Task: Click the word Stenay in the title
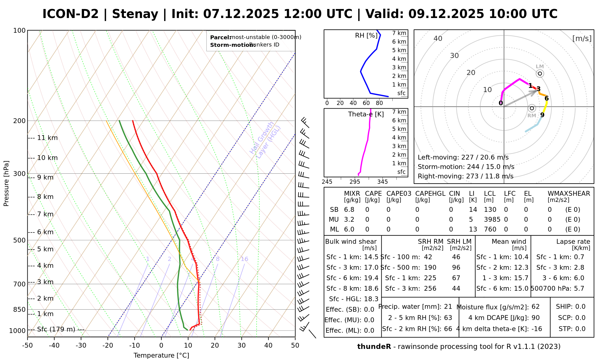pos(135,14)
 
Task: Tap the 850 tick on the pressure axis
pos(19,309)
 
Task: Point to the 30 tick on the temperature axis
pos(241,345)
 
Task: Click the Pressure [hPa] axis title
pos(6,183)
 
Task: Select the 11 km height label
pos(47,138)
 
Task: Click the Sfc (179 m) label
pos(56,329)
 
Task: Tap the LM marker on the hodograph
pos(540,73)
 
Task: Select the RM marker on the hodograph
pos(532,108)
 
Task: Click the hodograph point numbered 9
pos(542,115)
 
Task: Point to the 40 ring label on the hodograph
pos(438,38)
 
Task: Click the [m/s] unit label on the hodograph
pos(582,38)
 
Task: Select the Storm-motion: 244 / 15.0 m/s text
pos(466,167)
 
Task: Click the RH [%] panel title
pos(366,36)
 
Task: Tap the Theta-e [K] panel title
pos(366,114)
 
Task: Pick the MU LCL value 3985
pos(492,220)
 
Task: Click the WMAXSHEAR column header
pos(569,194)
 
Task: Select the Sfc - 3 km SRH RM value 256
pos(430,289)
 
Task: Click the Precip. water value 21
pos(448,307)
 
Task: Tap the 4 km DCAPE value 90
pos(535,318)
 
